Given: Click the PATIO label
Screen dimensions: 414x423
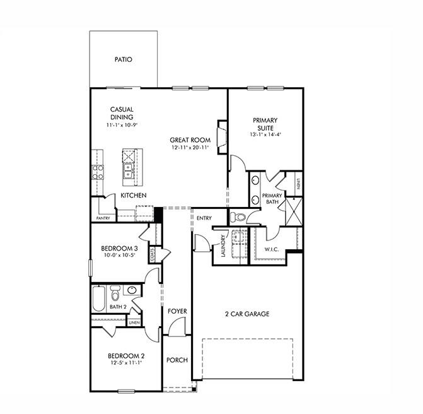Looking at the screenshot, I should coord(123,60).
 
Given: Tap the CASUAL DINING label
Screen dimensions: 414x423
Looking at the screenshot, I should coord(122,113).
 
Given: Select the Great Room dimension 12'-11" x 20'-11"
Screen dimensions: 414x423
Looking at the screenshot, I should coord(189,148).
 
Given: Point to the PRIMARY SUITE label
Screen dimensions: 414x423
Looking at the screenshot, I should coord(265,124).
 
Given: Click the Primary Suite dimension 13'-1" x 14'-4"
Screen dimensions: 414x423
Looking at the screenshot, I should coord(265,134).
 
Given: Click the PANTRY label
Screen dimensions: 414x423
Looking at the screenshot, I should coord(103,218).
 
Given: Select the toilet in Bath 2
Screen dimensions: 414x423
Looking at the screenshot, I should coord(115,294).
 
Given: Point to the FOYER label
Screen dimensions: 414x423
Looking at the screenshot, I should coord(177,311).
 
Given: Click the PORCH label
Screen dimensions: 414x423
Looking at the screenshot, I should coord(177,360).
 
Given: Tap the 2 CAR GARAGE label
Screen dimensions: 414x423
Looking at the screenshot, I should coord(247,314).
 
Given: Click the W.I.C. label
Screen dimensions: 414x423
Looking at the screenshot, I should coord(272,249).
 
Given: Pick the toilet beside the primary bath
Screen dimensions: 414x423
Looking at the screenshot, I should coord(237,217).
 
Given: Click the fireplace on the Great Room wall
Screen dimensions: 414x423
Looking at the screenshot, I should coord(221,135).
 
